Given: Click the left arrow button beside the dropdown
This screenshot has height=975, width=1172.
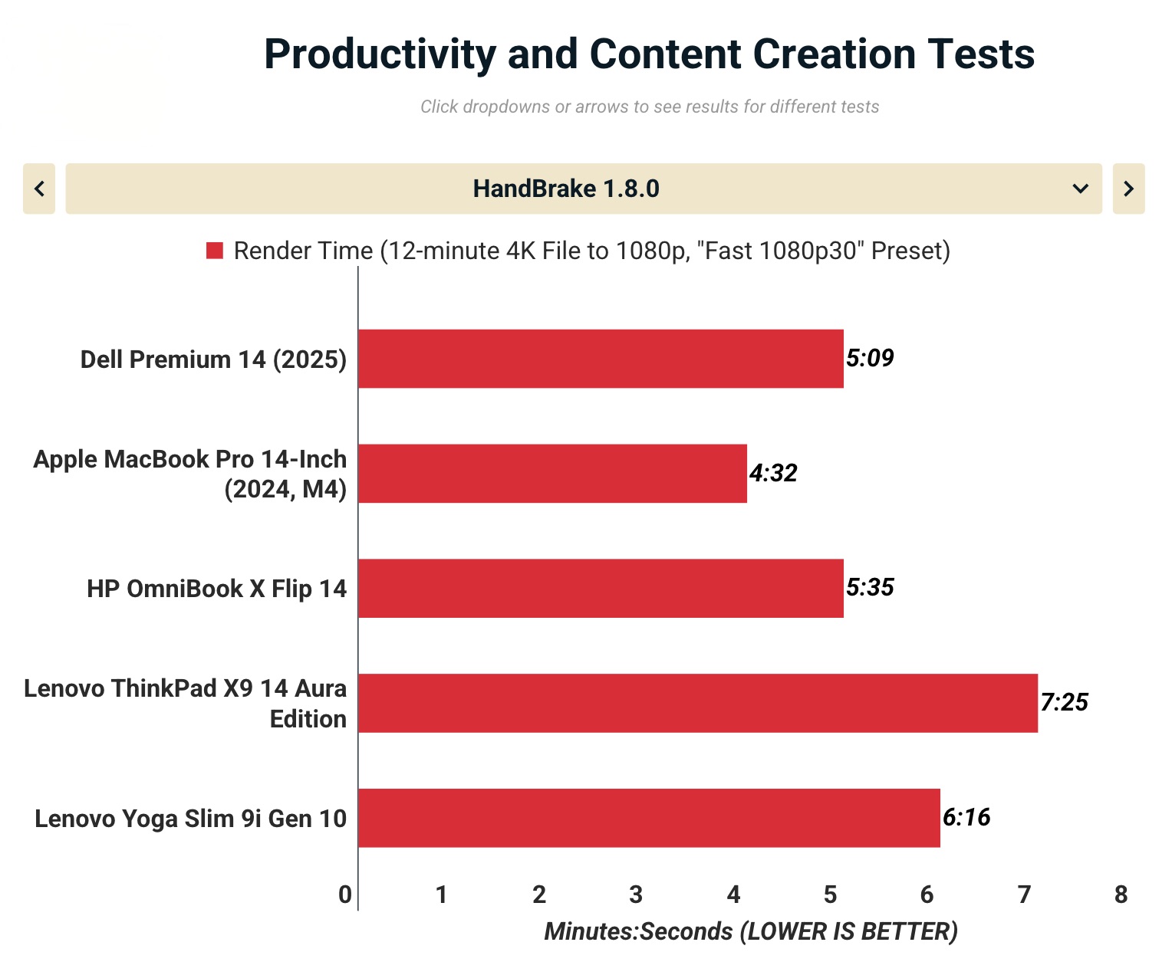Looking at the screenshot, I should pyautogui.click(x=39, y=189).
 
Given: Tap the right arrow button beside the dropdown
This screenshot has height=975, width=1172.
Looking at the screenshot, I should pyautogui.click(x=1128, y=189).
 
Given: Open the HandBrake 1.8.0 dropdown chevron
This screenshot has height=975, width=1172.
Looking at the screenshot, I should pyautogui.click(x=1080, y=189).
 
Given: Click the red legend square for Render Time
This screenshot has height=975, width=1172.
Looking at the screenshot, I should pyautogui.click(x=215, y=251).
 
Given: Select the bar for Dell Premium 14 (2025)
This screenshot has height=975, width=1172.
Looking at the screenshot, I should pyautogui.click(x=601, y=359).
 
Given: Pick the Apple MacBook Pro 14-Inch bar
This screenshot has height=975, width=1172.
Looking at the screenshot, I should pyautogui.click(x=552, y=474).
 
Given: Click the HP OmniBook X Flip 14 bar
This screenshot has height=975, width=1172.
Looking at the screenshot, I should pyautogui.click(x=601, y=588).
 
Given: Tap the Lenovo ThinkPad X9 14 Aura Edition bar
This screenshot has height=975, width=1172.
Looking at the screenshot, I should pyautogui.click(x=698, y=703).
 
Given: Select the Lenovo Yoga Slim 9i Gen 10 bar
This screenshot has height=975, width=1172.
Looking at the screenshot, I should pyautogui.click(x=649, y=818).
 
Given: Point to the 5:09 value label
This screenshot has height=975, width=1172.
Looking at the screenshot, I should pyautogui.click(x=870, y=358).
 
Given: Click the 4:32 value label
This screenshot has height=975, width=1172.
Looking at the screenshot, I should pyautogui.click(x=773, y=473).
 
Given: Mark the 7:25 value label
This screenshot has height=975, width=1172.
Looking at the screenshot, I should pyautogui.click(x=1064, y=702).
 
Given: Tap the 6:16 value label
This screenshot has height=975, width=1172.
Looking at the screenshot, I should pyautogui.click(x=966, y=817).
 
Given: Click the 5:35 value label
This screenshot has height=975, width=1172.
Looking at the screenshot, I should pyautogui.click(x=870, y=587).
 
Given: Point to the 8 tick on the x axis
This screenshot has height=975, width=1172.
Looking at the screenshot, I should pyautogui.click(x=1121, y=895).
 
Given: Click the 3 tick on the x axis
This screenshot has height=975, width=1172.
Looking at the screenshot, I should pyautogui.click(x=636, y=895).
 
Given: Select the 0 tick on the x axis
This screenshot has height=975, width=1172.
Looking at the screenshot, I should pyautogui.click(x=345, y=895).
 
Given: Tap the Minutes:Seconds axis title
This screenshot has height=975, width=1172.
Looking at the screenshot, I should pyautogui.click(x=751, y=931).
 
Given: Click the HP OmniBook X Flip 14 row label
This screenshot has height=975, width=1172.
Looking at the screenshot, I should pyautogui.click(x=216, y=589).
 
